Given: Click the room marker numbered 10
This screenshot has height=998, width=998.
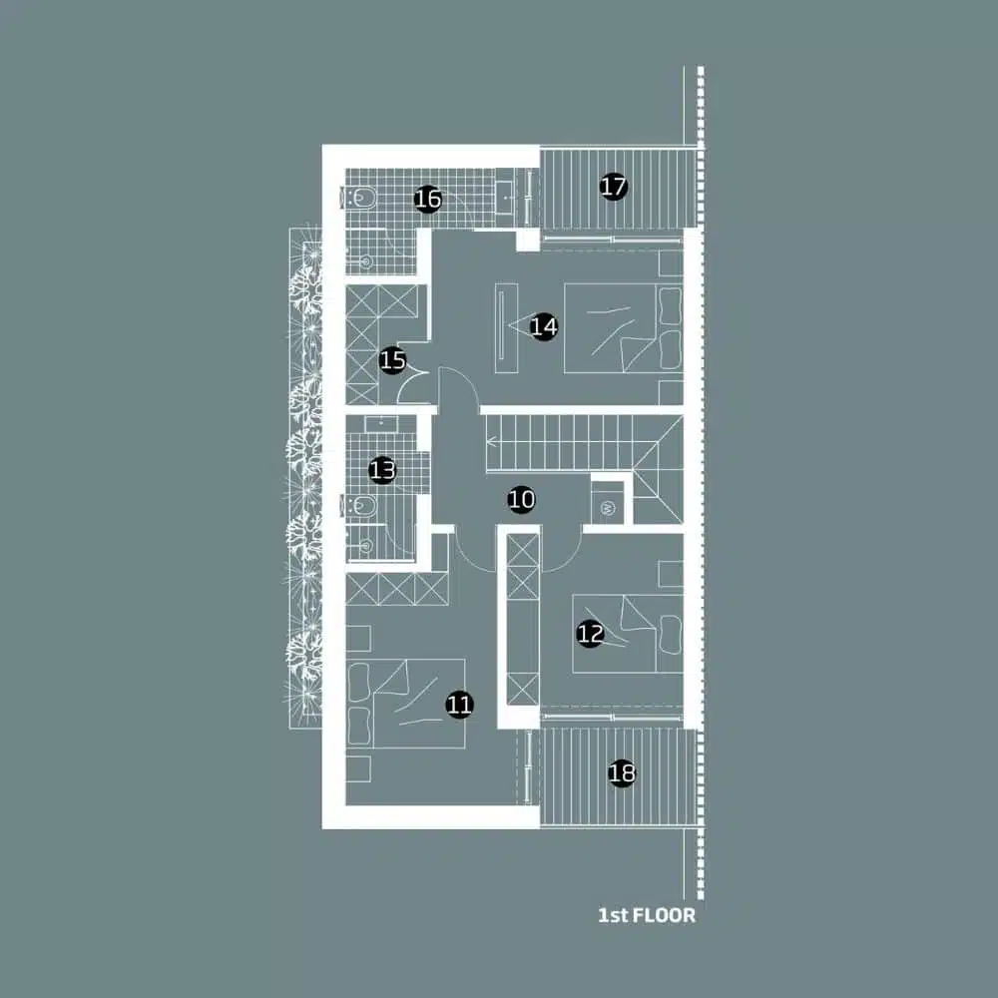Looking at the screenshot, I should pyautogui.click(x=521, y=500).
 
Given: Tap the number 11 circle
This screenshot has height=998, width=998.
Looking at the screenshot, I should pyautogui.click(x=459, y=706).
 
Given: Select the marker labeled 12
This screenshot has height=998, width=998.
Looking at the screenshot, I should pyautogui.click(x=590, y=633).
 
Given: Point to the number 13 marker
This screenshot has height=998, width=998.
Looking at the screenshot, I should pyautogui.click(x=382, y=469).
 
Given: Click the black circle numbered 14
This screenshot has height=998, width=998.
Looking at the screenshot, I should pyautogui.click(x=543, y=326).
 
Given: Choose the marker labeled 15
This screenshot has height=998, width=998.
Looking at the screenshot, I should pyautogui.click(x=393, y=360).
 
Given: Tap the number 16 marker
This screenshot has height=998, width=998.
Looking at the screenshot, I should pyautogui.click(x=427, y=200).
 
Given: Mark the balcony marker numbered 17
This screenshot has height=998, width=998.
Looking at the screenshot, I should pyautogui.click(x=614, y=186).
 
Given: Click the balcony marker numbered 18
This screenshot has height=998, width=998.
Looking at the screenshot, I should pyautogui.click(x=622, y=773).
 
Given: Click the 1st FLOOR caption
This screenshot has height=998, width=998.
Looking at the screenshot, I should pyautogui.click(x=646, y=915).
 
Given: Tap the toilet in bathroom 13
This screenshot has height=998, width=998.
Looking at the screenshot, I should pyautogui.click(x=359, y=505).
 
